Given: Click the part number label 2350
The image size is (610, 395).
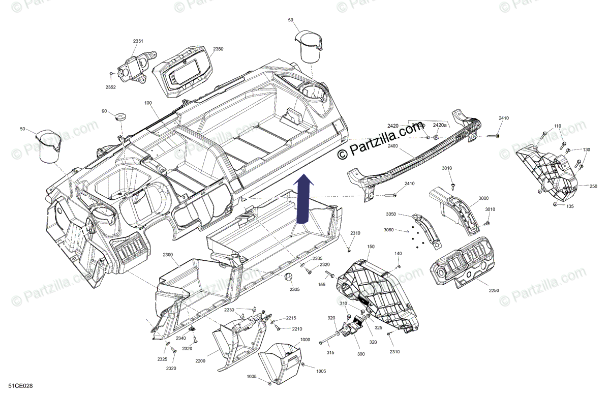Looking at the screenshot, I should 218,49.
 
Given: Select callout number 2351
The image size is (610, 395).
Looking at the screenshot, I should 138,41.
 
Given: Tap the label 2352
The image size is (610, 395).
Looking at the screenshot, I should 110,87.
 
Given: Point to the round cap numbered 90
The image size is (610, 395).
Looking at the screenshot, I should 120,116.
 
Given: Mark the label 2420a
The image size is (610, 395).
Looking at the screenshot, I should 440,125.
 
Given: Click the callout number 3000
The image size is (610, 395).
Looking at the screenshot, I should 483,198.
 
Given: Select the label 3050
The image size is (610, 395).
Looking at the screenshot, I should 390,214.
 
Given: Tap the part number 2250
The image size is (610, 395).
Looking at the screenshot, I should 494,290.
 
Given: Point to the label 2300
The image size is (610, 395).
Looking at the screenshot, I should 168,255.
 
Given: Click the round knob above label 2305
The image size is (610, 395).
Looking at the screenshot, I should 289,277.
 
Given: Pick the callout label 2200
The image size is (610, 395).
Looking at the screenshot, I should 200,360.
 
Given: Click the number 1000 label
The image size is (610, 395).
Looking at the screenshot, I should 305,340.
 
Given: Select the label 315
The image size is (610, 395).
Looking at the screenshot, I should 330,353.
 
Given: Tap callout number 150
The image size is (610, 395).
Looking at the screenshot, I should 371,247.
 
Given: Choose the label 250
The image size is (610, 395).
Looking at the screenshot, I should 593,187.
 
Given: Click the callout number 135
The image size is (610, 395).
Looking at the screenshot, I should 570,206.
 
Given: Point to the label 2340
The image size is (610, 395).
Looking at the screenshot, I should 180,338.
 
